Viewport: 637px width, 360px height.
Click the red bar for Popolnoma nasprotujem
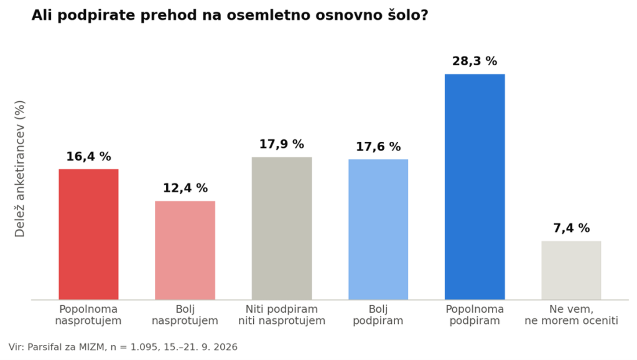click(88, 234)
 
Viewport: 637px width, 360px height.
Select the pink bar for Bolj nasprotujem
click(185, 251)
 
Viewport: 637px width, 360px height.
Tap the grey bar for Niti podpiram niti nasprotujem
click(282, 229)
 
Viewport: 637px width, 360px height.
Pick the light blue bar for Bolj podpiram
click(378, 229)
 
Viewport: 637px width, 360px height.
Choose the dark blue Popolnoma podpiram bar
click(475, 187)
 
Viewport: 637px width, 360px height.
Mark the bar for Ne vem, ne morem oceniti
click(571, 270)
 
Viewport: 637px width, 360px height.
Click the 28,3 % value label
click(475, 62)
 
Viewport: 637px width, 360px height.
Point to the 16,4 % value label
click(88, 157)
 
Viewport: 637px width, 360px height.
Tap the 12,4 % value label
click(185, 188)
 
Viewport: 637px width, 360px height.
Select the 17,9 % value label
click(282, 144)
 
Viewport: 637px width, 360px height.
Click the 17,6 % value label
click(378, 147)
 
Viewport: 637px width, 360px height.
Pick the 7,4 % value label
click(571, 228)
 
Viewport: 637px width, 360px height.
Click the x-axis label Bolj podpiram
click(378, 315)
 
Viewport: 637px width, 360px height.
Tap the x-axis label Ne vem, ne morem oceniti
click(571, 315)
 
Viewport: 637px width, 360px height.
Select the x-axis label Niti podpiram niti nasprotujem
click(282, 315)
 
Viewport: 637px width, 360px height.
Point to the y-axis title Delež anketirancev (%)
click(19, 168)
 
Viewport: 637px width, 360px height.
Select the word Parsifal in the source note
click(42, 347)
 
